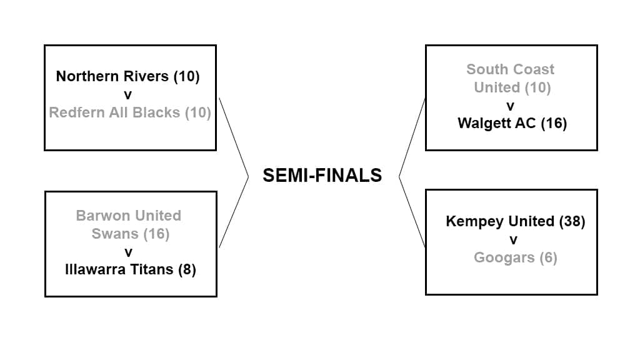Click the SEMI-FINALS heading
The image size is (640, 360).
[322, 176]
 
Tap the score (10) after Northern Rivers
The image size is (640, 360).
[186, 76]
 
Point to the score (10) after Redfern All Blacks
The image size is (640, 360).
[197, 113]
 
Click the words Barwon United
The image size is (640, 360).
[128, 216]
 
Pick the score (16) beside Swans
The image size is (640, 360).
[156, 234]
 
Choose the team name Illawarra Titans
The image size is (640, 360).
[119, 270]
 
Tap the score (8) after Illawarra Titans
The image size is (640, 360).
[187, 270]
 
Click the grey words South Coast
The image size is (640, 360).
[510, 69]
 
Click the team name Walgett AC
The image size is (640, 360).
[497, 123]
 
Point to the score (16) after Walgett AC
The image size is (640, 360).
[553, 123]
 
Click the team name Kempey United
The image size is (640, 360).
[499, 221]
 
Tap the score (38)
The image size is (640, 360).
[571, 221]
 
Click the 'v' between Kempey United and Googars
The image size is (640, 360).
[512, 240]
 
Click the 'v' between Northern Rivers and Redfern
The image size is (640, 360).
[128, 95]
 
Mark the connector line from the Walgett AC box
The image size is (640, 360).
[412, 137]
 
